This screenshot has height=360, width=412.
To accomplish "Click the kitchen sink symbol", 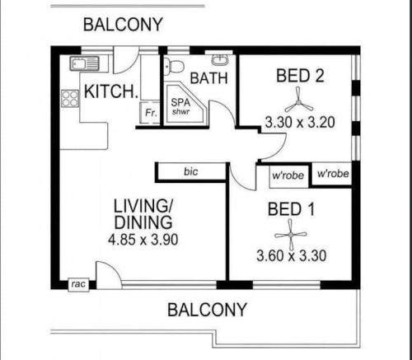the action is coord(84,63).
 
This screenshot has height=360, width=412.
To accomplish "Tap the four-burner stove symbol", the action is coord(70,99).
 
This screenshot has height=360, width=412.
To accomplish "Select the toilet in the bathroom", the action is coord(174,66).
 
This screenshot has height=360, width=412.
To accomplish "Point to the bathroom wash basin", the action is coord(220,60).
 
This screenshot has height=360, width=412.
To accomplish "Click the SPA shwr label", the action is coord(180,106).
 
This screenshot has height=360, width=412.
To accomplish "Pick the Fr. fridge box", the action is coord(150,113).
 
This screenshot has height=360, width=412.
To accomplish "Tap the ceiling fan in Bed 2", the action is coord(299,103).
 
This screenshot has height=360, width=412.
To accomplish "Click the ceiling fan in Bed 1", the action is coord(291,235).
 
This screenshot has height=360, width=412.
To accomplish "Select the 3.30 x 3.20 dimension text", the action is coord(300,123).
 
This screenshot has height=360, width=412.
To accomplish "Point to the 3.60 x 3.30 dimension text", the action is coord(292,255).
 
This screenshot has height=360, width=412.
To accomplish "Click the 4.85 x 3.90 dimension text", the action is coord(143,240).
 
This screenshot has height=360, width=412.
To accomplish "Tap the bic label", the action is coord(191,171).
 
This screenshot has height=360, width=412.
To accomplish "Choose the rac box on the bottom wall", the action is coord(78,284).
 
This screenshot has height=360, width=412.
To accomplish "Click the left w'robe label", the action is coord(288,175).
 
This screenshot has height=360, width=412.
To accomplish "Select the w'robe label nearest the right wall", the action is coord(333,174).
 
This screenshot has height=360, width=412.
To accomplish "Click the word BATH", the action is coord(209,78).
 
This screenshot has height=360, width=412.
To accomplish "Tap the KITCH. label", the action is coord(111,91).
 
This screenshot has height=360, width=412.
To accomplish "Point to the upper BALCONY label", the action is coord(123,25).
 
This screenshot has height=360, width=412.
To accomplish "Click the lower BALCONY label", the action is coord(207,310).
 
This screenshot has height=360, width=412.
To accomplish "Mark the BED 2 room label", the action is coord(300,76).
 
